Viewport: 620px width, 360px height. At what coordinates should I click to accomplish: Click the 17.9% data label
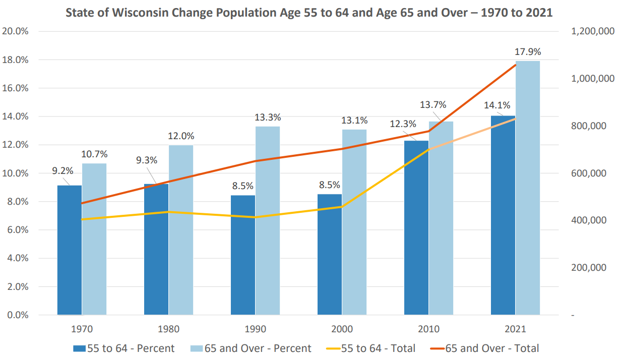[528, 51]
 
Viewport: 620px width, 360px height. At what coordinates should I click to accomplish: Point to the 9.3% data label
[147, 160]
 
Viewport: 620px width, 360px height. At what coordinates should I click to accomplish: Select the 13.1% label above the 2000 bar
[354, 120]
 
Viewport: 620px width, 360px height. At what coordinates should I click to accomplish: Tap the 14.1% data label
[497, 105]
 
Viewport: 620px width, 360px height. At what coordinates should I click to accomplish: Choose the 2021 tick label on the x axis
[515, 329]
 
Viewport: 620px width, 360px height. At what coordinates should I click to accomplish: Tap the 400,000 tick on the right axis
[588, 220]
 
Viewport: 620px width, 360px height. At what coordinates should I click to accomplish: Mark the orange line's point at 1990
[256, 161]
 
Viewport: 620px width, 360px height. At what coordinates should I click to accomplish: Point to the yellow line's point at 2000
[342, 207]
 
